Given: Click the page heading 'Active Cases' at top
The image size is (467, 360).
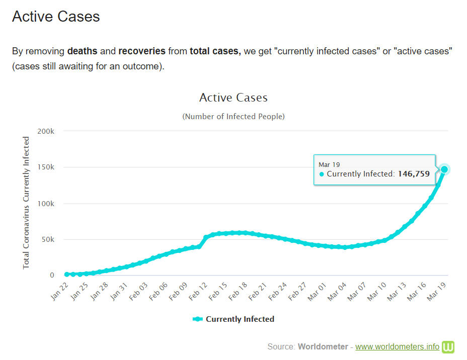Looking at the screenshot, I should pos(56,16).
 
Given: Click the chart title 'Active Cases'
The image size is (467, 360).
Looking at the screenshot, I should pos(233,97).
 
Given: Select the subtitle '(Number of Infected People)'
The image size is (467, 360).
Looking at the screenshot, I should pos(233,116).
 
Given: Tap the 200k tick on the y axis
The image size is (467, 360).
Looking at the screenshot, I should pos(46,131).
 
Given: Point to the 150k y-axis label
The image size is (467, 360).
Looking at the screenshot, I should pos(46,167).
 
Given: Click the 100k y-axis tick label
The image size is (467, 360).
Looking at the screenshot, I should pos(46,204).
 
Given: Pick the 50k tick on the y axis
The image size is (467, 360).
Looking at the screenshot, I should pos(48,239).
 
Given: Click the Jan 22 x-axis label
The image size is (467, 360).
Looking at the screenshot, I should pos(59,291).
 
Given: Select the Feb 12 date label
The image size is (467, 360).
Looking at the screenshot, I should pos(199,291).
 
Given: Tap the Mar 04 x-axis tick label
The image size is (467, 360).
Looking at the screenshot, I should pos(338,291).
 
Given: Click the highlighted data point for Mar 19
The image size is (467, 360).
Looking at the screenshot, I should pos(444,169).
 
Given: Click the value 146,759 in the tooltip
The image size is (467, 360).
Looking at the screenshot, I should pos(414,174).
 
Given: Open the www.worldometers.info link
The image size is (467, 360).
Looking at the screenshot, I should pos(397,346).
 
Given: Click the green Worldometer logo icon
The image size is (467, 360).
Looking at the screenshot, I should pos(448,346).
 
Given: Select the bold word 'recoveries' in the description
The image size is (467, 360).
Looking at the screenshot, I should pos(142,51).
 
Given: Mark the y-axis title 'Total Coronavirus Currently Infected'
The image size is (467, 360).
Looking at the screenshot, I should pos(27,203).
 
